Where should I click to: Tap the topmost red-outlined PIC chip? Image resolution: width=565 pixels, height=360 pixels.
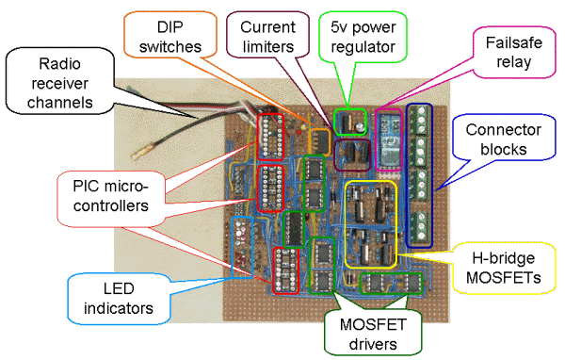(271, 136)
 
